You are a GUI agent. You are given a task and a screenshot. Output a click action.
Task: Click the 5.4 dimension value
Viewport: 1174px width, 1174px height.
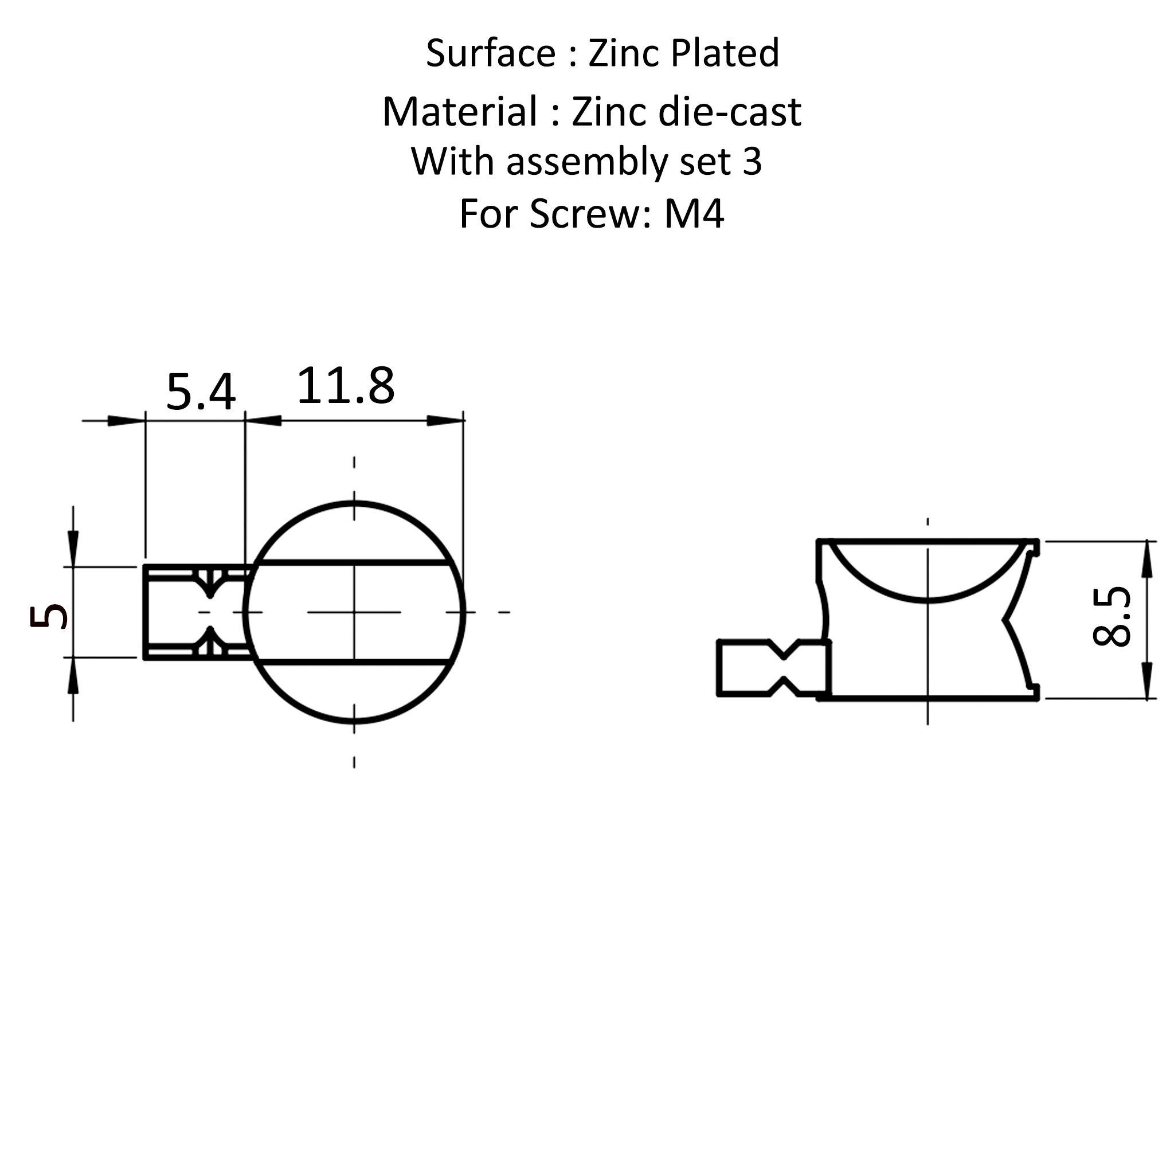(x=201, y=393)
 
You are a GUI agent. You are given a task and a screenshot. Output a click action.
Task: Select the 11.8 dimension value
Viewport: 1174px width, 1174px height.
(x=346, y=385)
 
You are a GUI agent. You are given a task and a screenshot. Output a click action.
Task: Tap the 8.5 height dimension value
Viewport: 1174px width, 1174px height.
(x=1112, y=616)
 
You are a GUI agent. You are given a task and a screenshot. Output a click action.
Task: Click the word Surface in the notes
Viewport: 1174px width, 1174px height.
(x=490, y=53)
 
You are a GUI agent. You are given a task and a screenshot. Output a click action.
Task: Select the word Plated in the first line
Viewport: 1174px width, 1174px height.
(x=725, y=52)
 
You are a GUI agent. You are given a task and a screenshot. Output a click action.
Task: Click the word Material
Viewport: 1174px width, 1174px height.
(x=460, y=112)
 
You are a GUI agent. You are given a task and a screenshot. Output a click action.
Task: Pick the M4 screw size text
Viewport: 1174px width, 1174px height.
(x=694, y=214)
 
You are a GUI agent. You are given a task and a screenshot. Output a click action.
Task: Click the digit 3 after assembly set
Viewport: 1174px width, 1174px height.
(x=752, y=162)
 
